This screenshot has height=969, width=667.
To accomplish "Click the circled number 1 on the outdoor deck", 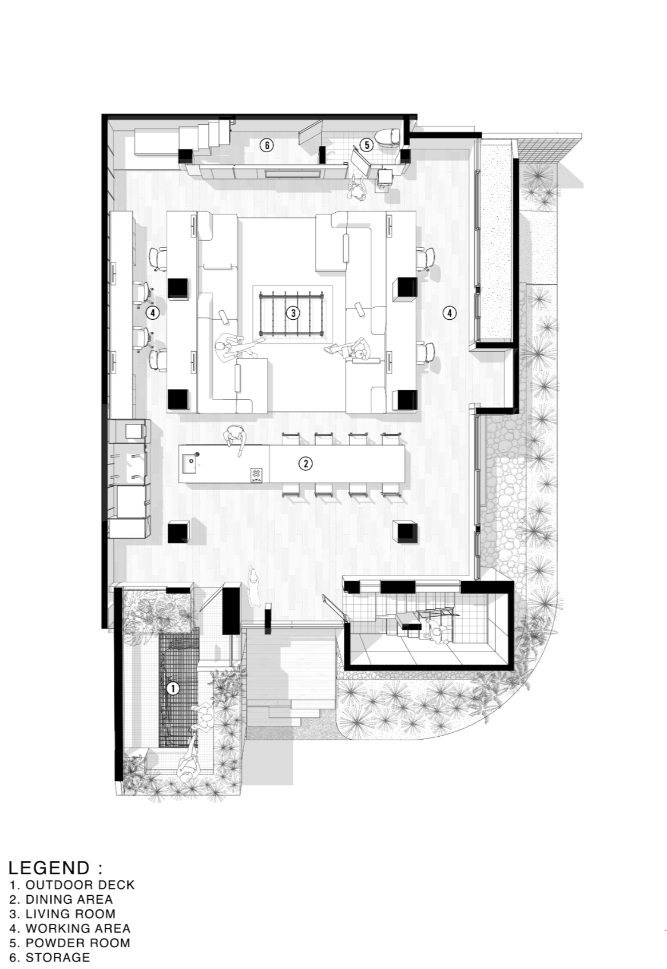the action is (173, 688).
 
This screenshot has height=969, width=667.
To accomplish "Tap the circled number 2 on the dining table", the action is (305, 463).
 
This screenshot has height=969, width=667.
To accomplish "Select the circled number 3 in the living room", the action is (293, 313).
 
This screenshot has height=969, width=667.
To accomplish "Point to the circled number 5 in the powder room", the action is (366, 145).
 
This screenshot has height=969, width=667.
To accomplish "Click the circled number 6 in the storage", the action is (267, 145).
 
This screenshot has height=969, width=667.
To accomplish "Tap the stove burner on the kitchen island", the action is (257, 473).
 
